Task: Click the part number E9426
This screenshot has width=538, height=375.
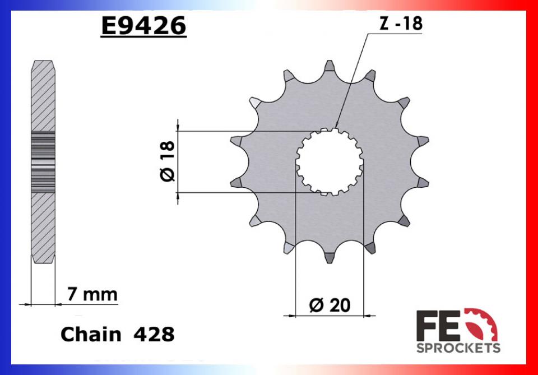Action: coord(143,25)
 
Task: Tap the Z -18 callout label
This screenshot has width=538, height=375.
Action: coord(400,24)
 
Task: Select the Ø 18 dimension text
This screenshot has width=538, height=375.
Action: coord(168,162)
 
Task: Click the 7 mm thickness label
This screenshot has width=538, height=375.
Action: coord(92,294)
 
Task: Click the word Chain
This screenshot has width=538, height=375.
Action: coord(90,335)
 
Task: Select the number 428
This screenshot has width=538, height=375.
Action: coord(154,335)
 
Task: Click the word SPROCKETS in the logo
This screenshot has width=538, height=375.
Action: coord(458,348)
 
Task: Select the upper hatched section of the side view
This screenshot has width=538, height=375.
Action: coord(43,95)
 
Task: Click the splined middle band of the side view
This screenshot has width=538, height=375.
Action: coord(43,162)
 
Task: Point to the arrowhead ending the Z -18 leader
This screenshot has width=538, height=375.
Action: coord(336,127)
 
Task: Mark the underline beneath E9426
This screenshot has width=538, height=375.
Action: coord(143,38)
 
